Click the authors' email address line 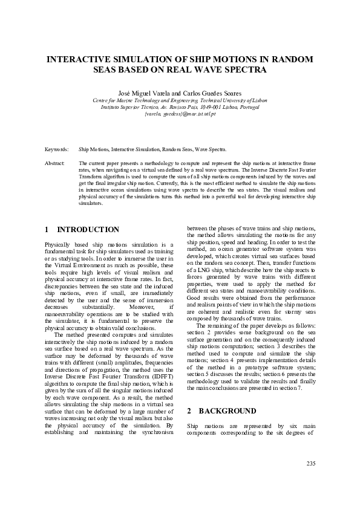coord(180,113)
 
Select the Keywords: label coord(57,148)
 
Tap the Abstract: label coord(55,163)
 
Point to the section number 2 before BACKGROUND coord(189,410)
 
